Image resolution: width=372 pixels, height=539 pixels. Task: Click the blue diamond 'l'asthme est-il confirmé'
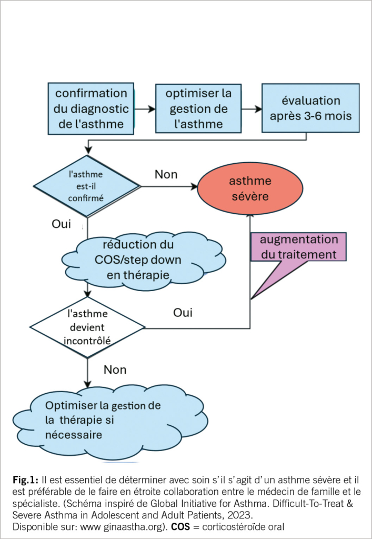(87, 185)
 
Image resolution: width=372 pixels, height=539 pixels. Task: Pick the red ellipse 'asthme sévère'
(250, 188)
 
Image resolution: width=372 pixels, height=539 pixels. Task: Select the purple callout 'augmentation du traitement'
(299, 247)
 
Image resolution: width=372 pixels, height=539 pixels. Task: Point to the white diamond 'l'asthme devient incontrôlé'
(87, 326)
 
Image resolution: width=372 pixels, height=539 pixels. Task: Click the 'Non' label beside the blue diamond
(166, 174)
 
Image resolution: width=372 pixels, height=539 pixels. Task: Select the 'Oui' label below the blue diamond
(61, 224)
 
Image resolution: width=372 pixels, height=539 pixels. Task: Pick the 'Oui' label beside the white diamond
(183, 313)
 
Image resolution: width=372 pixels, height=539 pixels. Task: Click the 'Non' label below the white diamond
(115, 370)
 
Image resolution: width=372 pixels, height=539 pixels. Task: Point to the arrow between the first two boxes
(145, 109)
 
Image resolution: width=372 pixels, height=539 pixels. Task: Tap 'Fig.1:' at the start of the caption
(25, 480)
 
